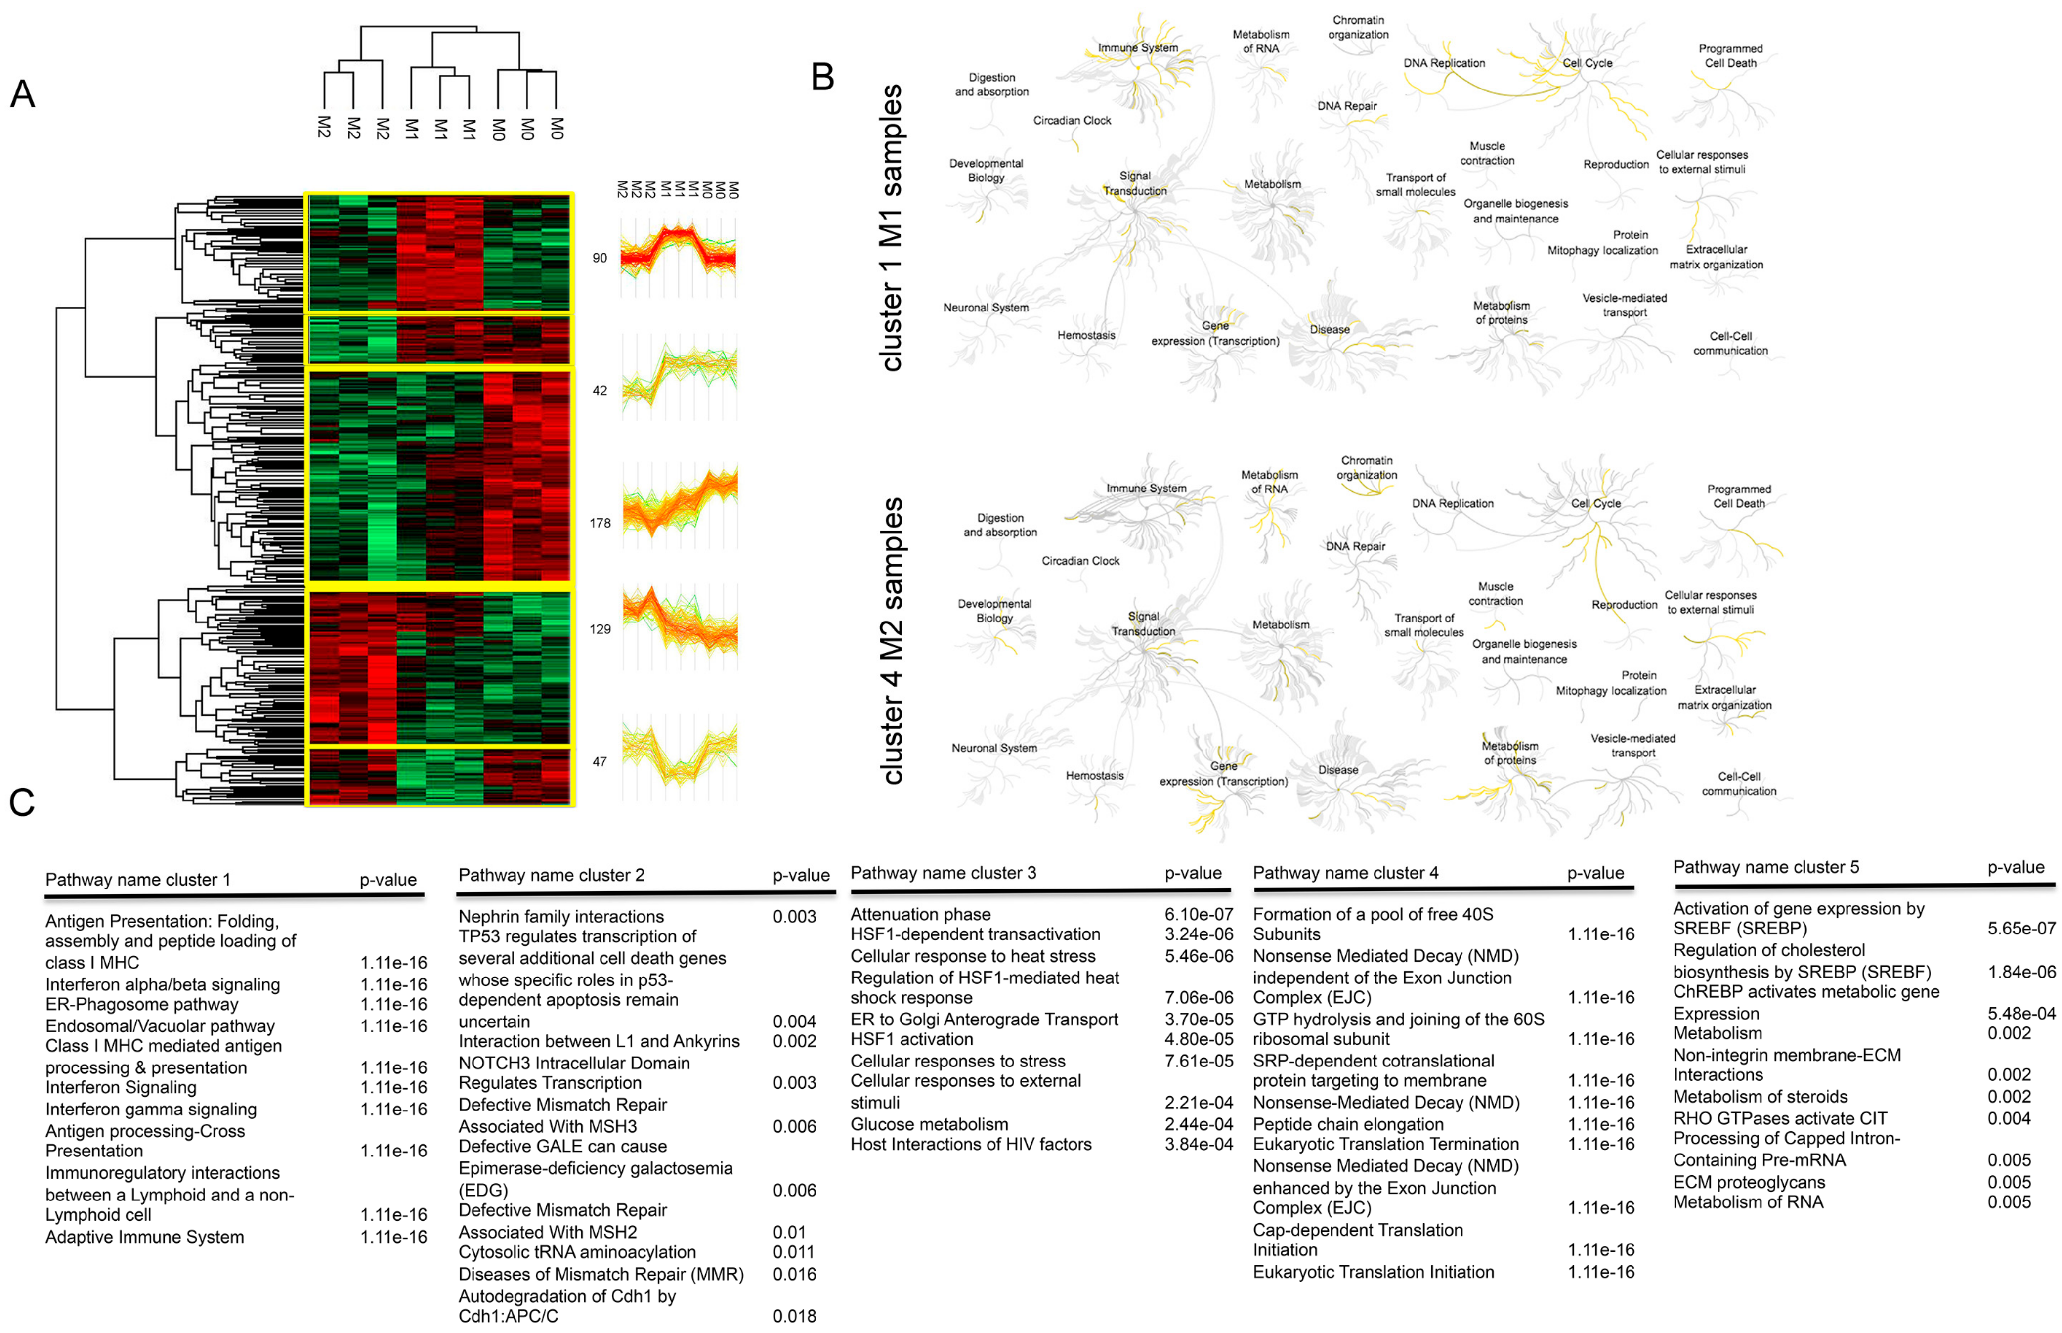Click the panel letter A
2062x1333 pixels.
point(23,93)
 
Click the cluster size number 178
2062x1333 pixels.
point(600,523)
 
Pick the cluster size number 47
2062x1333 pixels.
point(600,762)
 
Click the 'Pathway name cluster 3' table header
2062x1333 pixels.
point(943,873)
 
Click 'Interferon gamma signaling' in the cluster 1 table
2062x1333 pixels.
point(151,1109)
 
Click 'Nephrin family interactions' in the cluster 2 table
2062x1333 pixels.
point(560,916)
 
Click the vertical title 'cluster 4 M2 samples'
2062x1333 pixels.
point(891,640)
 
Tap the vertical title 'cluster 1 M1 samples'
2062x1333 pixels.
point(891,227)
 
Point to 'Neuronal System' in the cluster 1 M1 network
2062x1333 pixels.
point(986,307)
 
